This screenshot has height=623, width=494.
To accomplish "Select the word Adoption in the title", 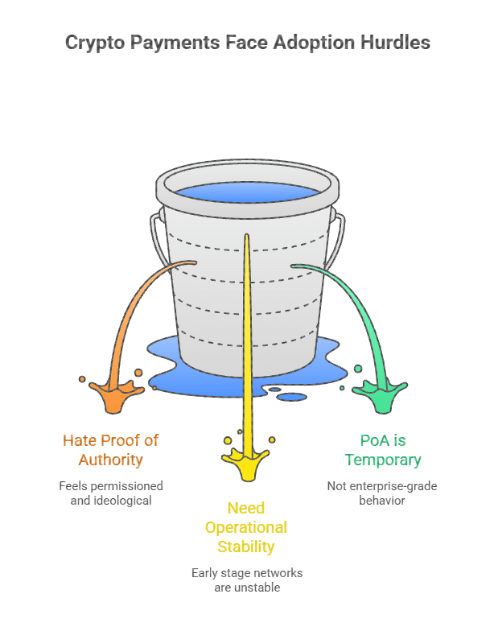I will [x=312, y=43].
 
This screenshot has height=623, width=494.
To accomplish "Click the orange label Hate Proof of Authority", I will [x=111, y=450].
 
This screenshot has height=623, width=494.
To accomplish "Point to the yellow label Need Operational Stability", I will [x=246, y=527].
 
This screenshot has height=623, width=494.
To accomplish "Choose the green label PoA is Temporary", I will [x=383, y=450].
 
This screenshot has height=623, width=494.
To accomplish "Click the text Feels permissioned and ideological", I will [x=111, y=493].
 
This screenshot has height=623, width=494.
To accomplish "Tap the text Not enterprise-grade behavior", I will [x=383, y=493].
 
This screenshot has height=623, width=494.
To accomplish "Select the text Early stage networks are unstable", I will [x=246, y=580].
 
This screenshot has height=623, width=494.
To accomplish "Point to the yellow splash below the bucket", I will [x=245, y=461].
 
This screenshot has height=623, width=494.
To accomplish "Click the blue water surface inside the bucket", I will [x=247, y=194].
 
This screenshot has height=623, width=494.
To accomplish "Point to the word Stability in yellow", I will [x=246, y=547].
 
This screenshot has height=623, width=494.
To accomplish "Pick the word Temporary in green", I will [x=383, y=460].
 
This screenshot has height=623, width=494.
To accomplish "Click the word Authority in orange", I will [x=111, y=460].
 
